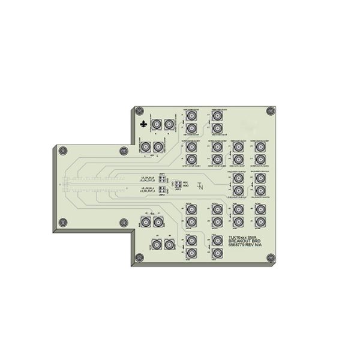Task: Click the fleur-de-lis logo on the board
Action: pos(143,124)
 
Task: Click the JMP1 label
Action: pos(162,173)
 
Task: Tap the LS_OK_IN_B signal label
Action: pos(148,178)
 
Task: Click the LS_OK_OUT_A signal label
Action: pos(148,191)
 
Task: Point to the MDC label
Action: pos(186,181)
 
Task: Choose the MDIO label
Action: pos(186,185)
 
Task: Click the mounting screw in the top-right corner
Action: pos(271,110)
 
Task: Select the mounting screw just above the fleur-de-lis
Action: pos(139,111)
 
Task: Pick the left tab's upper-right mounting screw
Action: pos(124,150)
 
